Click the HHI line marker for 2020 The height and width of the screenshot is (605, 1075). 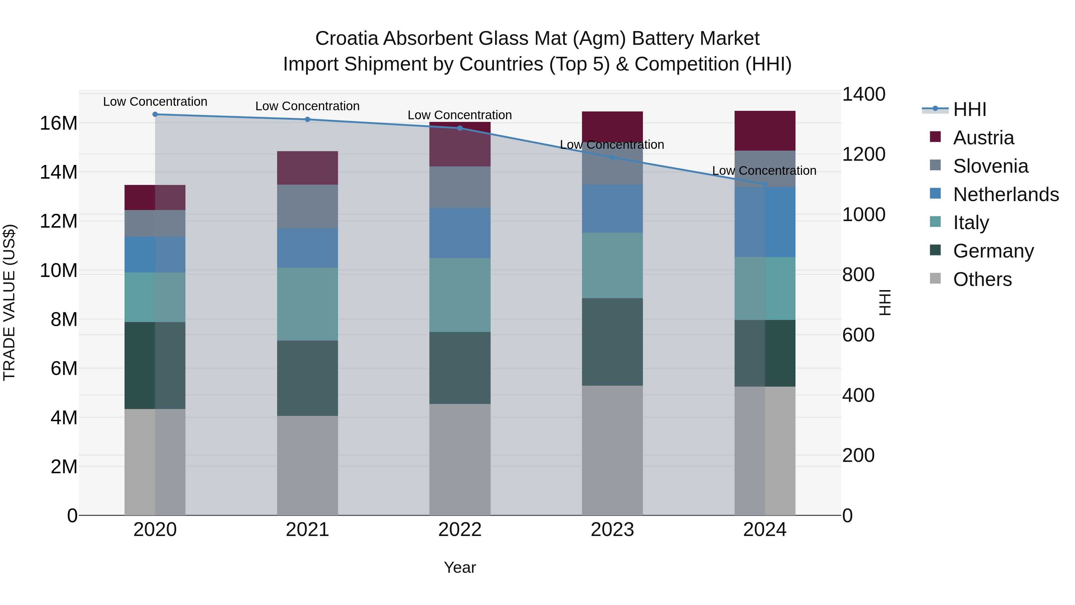155,114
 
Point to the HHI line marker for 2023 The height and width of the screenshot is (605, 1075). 612,158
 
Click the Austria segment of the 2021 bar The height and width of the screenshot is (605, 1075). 308,168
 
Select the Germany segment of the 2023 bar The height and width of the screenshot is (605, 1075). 612,342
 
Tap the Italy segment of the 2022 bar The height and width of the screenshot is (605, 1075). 460,295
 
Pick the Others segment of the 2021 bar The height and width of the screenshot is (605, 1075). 308,465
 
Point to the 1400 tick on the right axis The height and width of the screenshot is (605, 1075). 863,94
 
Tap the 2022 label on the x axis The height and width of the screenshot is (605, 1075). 460,530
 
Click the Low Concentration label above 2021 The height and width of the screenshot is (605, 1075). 308,106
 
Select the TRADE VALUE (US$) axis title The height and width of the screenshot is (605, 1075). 9,302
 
